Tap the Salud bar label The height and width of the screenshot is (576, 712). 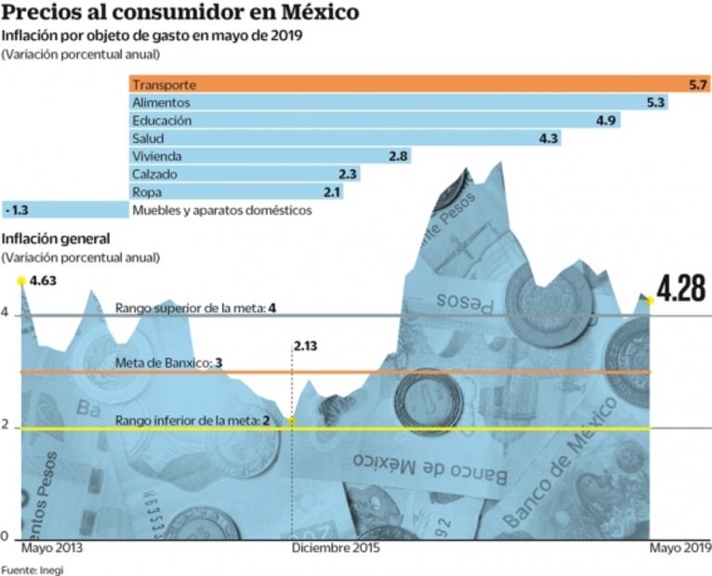pos(149,138)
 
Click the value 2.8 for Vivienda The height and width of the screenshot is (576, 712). pos(398,156)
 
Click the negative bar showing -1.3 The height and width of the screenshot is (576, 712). pos(65,210)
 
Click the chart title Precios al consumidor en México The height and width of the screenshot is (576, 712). pos(181,15)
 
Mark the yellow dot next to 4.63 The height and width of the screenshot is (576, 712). pos(20,280)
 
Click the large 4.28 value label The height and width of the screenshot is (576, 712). pos(682,289)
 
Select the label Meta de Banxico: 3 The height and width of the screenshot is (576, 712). pos(168,362)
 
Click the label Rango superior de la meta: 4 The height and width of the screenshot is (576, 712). pos(196,308)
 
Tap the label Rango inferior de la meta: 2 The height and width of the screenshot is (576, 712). pos(192,421)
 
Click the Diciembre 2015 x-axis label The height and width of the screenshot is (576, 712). pos(336,549)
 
